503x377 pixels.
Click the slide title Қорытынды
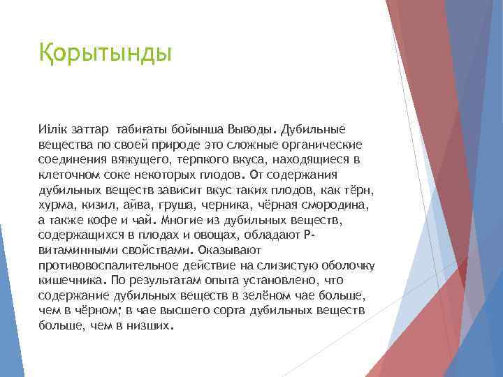pyautogui.click(x=105, y=53)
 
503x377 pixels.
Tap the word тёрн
pyautogui.click(x=361, y=190)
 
